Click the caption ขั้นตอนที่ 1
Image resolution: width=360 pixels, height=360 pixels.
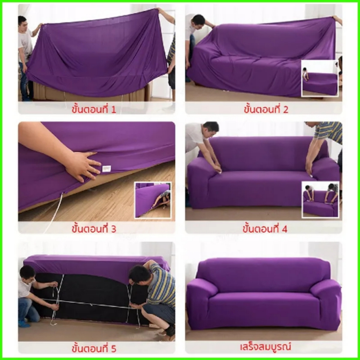[x=94, y=109]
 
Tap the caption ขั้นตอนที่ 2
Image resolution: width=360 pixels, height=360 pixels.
[x=266, y=109]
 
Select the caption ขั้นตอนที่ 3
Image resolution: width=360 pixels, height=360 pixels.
[x=94, y=229]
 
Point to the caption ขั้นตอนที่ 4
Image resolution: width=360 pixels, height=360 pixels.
[x=265, y=229]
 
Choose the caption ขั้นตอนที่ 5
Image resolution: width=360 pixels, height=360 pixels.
[x=94, y=348]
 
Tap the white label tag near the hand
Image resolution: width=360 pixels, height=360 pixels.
[x=107, y=168]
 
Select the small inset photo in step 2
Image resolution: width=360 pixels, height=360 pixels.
[x=320, y=78]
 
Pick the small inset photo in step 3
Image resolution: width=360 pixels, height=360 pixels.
[x=153, y=200]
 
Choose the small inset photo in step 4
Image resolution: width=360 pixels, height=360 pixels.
[x=320, y=199]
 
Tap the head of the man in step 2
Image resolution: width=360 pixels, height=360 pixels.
[x=198, y=21]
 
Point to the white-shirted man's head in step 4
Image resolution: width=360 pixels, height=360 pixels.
[x=211, y=129]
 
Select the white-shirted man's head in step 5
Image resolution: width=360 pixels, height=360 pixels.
[x=27, y=274]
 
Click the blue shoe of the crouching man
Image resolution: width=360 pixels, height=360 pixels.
[x=24, y=324]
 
